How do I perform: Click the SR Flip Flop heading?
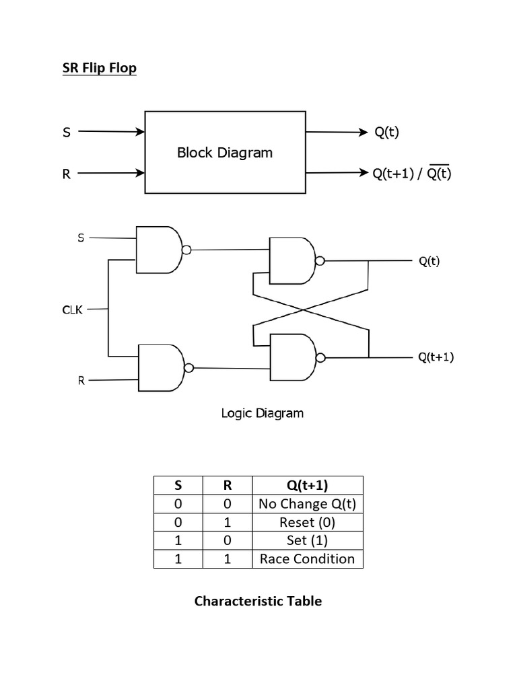pyautogui.click(x=99, y=69)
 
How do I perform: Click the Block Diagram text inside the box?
pyautogui.click(x=225, y=153)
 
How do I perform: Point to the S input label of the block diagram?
pyautogui.click(x=66, y=133)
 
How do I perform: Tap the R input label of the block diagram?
pyautogui.click(x=66, y=174)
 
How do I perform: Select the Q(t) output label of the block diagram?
pyautogui.click(x=386, y=133)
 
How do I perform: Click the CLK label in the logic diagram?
pyautogui.click(x=72, y=310)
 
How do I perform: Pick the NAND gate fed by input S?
pyautogui.click(x=158, y=250)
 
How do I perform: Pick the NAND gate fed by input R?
pyautogui.click(x=160, y=367)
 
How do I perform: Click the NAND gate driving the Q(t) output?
pyautogui.click(x=291, y=260)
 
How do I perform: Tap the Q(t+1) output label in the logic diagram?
pyautogui.click(x=436, y=357)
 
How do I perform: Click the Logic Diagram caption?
pyautogui.click(x=262, y=413)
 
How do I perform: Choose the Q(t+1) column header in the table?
pyautogui.click(x=307, y=486)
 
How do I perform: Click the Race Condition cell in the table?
pyautogui.click(x=307, y=559)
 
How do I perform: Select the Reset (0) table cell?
pyautogui.click(x=307, y=522)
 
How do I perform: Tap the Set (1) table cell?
pyautogui.click(x=307, y=541)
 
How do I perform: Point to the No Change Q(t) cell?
pyautogui.click(x=307, y=504)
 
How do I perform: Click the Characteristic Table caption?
pyautogui.click(x=258, y=601)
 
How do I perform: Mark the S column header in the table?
pyautogui.click(x=178, y=486)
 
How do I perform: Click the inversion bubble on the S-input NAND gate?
pyautogui.click(x=186, y=250)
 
